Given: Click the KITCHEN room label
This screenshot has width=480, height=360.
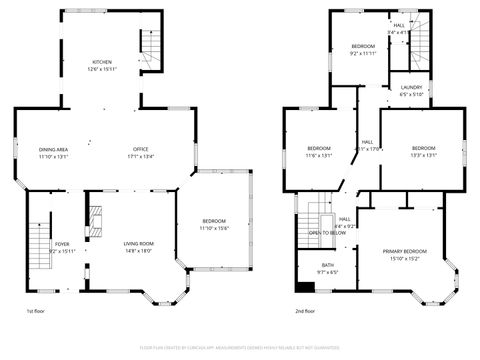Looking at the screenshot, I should pyautogui.click(x=102, y=62).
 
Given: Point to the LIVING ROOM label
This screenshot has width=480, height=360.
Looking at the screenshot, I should pyautogui.click(x=138, y=243).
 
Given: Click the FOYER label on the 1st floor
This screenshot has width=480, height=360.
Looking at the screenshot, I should pyautogui.click(x=62, y=244).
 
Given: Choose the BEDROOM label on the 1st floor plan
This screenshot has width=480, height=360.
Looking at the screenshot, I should pyautogui.click(x=214, y=221).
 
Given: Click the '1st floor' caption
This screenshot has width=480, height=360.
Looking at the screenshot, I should pyautogui.click(x=36, y=313).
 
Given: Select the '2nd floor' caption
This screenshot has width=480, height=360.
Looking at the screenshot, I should pyautogui.click(x=306, y=313).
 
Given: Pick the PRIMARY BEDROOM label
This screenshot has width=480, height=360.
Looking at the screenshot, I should pyautogui.click(x=404, y=251).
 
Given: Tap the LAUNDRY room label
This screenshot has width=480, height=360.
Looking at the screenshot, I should pyautogui.click(x=411, y=88).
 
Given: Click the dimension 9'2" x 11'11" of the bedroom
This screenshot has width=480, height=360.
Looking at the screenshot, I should pyautogui.click(x=362, y=54).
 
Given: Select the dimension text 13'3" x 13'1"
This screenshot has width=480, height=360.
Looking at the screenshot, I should pyautogui.click(x=423, y=155).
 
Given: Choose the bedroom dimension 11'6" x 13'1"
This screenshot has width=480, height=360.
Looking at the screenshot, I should pyautogui.click(x=320, y=155).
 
